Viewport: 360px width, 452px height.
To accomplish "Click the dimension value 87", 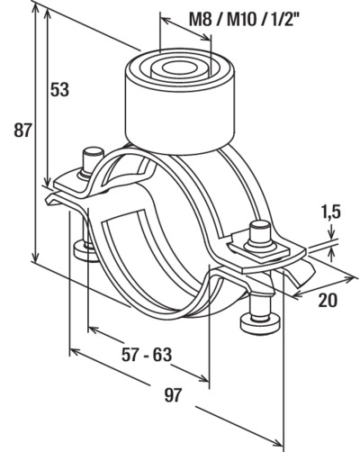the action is [x=22, y=131].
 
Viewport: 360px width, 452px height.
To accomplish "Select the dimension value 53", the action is [x=59, y=89].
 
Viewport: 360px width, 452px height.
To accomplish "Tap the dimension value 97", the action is [x=173, y=394].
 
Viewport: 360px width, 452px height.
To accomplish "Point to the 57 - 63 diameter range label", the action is [x=147, y=355].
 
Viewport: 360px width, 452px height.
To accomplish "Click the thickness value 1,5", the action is [x=331, y=212].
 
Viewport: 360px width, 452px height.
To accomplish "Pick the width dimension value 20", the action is [x=328, y=300].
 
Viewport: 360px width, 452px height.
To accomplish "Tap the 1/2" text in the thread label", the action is [x=281, y=19].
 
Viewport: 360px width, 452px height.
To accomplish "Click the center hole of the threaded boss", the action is [x=177, y=67].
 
